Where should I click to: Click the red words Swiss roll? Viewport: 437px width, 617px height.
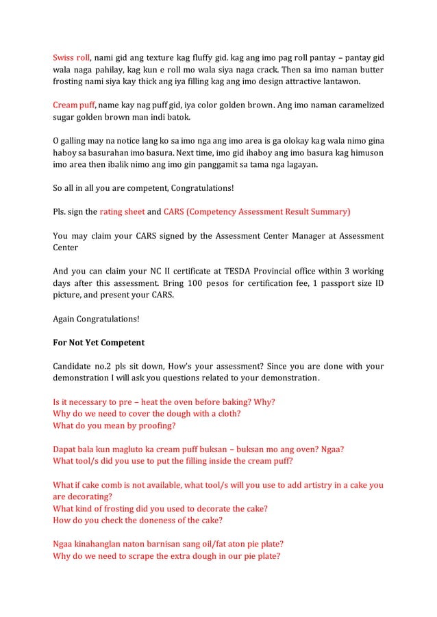71,58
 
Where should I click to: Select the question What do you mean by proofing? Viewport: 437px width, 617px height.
114,425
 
